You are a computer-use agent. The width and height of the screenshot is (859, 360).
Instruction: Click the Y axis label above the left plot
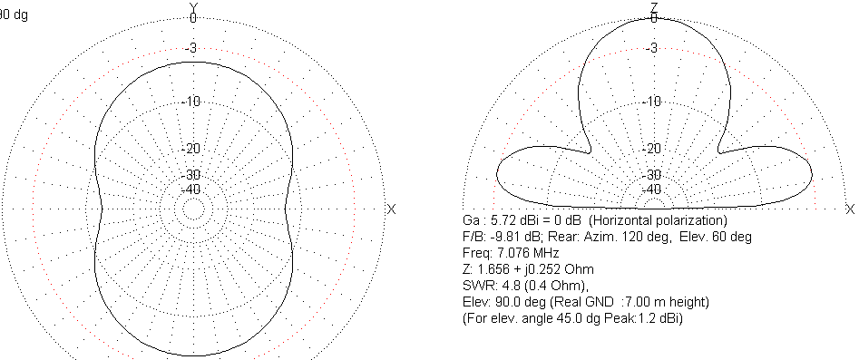[193, 6]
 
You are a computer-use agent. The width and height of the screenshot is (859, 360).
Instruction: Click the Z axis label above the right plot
[654, 6]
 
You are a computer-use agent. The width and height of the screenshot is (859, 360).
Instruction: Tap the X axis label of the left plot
[391, 209]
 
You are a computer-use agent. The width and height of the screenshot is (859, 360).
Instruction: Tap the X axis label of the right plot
[850, 209]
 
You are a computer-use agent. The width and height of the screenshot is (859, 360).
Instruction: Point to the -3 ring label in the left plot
[190, 49]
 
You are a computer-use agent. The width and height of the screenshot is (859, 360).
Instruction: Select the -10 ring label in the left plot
[190, 102]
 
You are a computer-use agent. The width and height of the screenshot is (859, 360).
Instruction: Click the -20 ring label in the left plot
[190, 149]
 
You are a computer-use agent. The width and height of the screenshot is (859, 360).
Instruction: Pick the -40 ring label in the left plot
[190, 190]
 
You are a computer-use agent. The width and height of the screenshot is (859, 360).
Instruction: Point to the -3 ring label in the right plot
[651, 49]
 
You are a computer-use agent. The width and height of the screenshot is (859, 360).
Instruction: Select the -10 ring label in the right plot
[651, 102]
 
